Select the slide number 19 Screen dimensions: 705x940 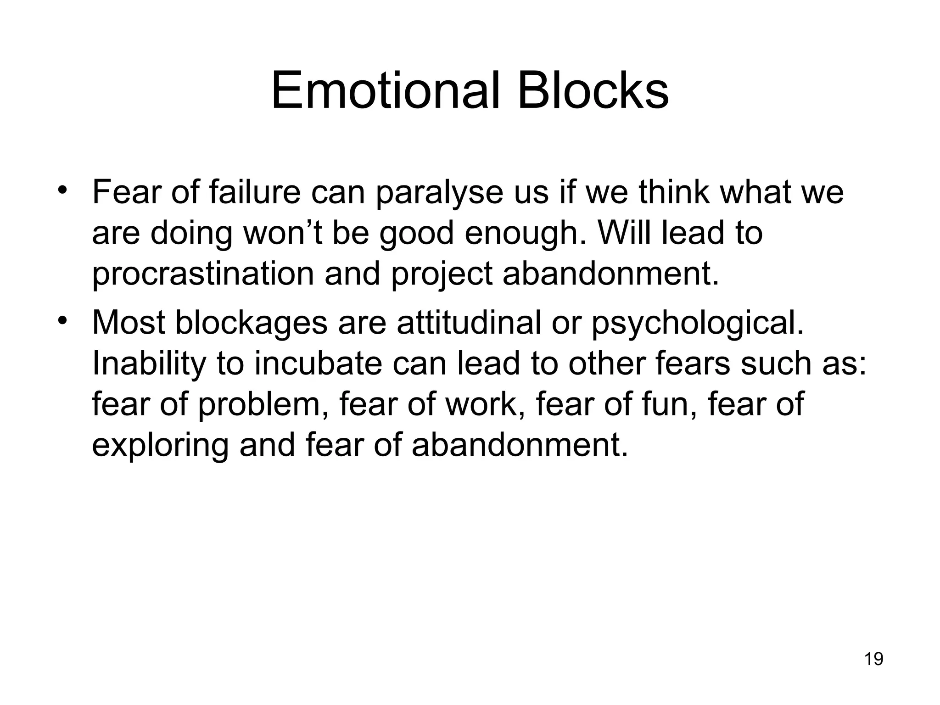pos(873,659)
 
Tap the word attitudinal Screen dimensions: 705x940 pos(469,323)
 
